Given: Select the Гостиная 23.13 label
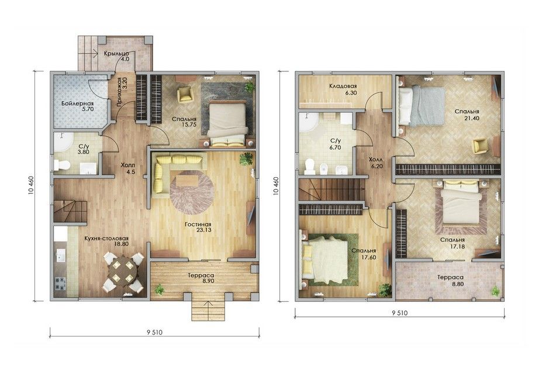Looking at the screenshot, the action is pos(198,227).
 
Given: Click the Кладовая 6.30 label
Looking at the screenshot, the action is pos(343,89).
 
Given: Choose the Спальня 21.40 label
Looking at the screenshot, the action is pos(467,115).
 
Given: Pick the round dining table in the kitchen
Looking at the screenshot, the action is pos(123,272).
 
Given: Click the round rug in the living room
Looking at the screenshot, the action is pos(192,192).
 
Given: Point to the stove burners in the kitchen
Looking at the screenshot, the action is pos(60,284).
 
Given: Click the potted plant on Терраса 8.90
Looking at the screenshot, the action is pos(160,289).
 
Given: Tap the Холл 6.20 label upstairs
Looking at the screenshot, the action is pos(377,163).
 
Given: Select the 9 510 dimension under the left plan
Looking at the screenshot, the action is pos(154,333).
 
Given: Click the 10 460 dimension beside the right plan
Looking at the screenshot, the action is pos(277,185).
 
